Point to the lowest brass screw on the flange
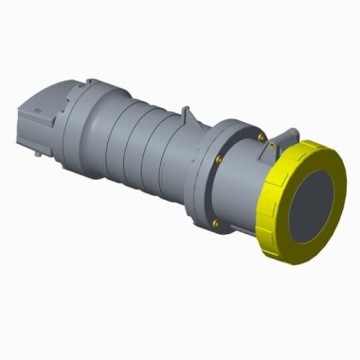[216, 224]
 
